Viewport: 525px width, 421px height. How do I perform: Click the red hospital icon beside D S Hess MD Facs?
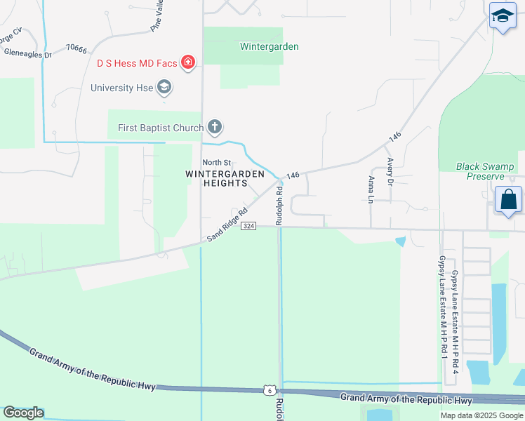coord(187,63)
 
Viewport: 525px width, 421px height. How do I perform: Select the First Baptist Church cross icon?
coord(215,128)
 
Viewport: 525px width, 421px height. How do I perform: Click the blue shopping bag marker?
coord(508,199)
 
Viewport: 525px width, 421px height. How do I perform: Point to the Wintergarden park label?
coord(269,47)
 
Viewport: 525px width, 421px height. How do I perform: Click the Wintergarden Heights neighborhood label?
coord(225,178)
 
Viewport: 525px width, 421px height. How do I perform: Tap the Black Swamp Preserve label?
coord(484,171)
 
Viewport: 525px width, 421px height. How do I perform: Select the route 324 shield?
coord(248,226)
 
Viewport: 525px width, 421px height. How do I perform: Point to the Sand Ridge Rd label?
coord(228,225)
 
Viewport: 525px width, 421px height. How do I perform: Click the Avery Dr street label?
coord(390,171)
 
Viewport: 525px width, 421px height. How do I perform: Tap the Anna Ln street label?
coord(371,189)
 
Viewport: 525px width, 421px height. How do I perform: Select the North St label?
coord(217,163)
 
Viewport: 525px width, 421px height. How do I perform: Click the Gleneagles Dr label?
coord(28,53)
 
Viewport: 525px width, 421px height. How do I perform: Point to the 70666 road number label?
coord(76,49)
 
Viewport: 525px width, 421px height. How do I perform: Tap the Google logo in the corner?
coord(23,413)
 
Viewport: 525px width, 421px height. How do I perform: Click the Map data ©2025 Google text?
coord(481,415)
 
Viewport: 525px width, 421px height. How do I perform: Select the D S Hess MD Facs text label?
coord(137,63)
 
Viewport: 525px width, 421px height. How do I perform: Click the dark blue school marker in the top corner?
coord(503,17)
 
